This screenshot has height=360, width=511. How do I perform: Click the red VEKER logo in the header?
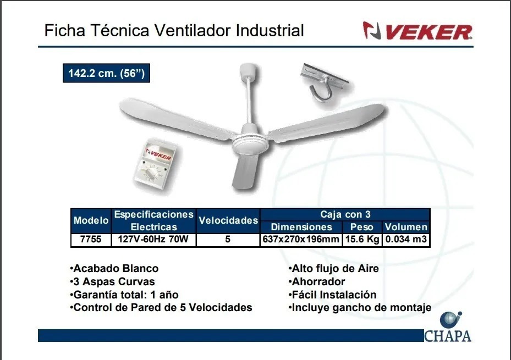[417, 31]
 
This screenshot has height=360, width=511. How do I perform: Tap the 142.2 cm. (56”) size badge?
[106, 73]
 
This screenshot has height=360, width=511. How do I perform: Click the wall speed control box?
[156, 165]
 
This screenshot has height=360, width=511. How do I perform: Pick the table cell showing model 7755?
[91, 240]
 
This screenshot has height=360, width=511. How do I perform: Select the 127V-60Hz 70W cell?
[153, 240]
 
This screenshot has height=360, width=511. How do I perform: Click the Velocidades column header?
[228, 221]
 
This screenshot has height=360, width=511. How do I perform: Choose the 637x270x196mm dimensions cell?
[301, 240]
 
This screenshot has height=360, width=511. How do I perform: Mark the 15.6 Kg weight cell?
[362, 240]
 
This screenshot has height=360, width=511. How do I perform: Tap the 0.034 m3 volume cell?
[406, 240]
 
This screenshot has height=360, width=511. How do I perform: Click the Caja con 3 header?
[345, 214]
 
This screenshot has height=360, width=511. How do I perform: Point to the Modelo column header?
[91, 221]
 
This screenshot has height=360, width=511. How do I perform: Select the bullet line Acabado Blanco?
[114, 269]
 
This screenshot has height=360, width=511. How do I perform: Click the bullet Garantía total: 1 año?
[124, 295]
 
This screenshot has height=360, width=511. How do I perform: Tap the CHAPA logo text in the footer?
[448, 336]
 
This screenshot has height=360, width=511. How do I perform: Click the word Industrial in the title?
[270, 31]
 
